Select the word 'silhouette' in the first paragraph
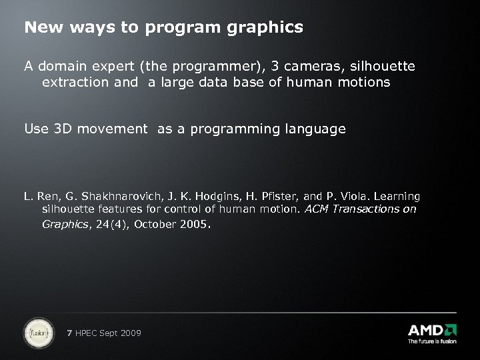point(383,67)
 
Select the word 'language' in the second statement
point(318,129)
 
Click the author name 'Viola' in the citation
point(353,197)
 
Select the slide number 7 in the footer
point(71,333)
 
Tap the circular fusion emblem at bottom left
point(39,333)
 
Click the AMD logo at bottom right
point(431,331)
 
